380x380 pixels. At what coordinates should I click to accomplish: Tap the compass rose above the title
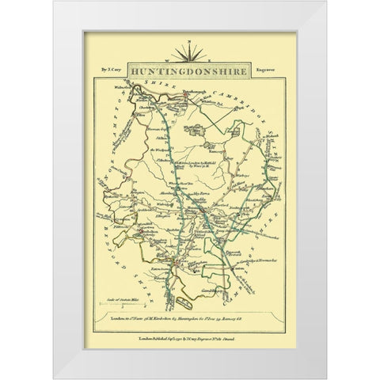189,54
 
